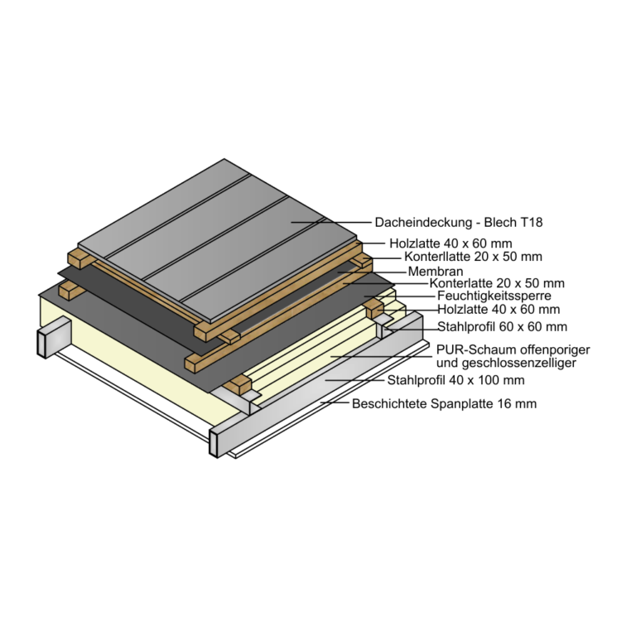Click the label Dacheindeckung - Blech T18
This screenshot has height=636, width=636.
458,222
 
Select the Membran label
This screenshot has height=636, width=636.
436,271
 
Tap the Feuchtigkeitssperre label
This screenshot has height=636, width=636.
494,296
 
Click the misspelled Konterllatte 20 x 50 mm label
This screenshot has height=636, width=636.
473,257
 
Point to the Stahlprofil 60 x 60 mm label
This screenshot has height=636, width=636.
502,326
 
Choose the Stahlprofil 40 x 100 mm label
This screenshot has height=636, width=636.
456,380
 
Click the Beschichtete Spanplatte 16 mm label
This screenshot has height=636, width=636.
444,403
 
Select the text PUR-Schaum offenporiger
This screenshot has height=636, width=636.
513,349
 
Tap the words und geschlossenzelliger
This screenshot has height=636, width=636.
506,362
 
